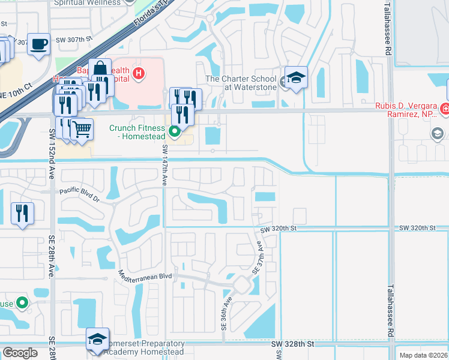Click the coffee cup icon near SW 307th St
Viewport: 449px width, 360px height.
(x=39, y=44)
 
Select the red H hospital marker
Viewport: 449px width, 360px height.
(x=139, y=74)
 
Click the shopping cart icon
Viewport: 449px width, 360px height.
(x=82, y=128)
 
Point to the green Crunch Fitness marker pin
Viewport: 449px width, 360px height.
(x=175, y=131)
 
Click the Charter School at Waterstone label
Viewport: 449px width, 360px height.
(x=241, y=83)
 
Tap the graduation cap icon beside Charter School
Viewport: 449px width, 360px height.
(x=296, y=77)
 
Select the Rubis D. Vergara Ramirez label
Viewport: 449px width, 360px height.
(x=408, y=111)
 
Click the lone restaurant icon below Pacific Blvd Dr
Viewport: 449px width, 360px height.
(x=22, y=213)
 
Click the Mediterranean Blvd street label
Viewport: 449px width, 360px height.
(x=146, y=277)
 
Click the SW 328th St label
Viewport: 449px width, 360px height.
(x=292, y=344)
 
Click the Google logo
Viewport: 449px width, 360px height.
(x=20, y=353)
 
